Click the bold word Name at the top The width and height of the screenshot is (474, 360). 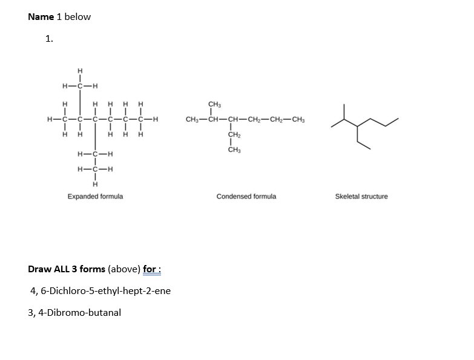click(x=41, y=17)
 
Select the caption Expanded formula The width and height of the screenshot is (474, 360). click(x=95, y=197)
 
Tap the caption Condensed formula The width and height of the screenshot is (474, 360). click(x=246, y=197)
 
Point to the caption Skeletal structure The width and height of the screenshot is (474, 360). click(x=361, y=197)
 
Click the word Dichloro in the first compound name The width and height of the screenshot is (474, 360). click(x=64, y=291)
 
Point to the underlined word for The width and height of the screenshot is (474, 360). click(x=151, y=269)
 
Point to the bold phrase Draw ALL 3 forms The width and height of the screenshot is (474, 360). click(x=67, y=269)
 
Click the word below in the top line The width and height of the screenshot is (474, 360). click(x=77, y=17)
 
